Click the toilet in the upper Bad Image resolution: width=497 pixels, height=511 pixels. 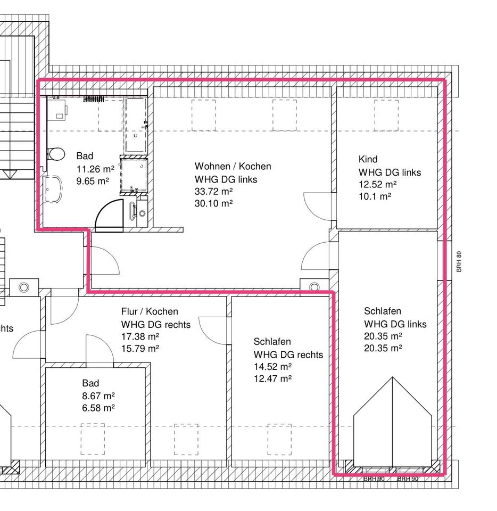[54, 154]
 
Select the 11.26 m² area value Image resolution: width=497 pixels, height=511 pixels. [95, 169]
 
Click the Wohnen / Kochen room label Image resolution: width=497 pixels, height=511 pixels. [233, 166]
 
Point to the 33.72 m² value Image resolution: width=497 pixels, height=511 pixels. [213, 192]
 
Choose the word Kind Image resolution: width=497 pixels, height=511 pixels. [368, 159]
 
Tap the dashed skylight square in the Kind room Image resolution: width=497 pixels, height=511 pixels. [386, 115]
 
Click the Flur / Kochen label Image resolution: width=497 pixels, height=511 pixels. [150, 311]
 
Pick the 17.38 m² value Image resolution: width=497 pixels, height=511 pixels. [140, 336]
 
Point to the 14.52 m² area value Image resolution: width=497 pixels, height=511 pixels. [272, 367]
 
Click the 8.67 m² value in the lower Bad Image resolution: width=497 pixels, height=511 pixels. [98, 395]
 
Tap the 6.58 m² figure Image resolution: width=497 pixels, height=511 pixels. [98, 408]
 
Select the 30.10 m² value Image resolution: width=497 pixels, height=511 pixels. [213, 203]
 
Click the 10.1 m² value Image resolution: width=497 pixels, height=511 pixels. [375, 196]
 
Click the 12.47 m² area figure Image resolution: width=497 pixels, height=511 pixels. [272, 378]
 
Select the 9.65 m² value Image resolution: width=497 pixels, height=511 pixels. [93, 181]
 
